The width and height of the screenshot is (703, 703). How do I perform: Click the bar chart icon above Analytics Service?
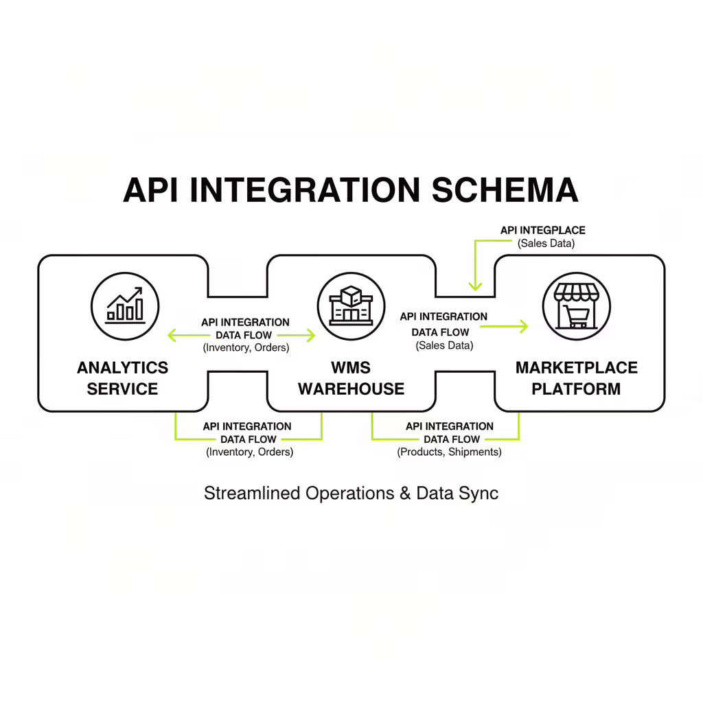(x=125, y=306)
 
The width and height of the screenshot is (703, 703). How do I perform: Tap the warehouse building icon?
(x=351, y=306)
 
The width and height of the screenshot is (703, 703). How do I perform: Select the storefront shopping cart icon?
(x=576, y=306)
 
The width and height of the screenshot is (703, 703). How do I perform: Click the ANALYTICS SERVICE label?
(x=122, y=378)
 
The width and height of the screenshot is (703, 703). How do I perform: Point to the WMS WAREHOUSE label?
(x=351, y=378)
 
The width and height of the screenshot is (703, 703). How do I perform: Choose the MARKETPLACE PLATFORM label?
(x=576, y=378)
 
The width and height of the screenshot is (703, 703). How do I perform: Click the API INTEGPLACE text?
(x=542, y=231)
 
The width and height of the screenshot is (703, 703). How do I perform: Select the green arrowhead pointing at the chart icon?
(x=172, y=336)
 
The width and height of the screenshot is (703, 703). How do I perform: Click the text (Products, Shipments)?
(x=449, y=452)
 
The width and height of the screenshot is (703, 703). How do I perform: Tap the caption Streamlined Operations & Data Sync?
(x=351, y=493)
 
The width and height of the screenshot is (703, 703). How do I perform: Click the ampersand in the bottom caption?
(x=404, y=493)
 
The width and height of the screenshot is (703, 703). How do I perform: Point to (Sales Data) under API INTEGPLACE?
(x=546, y=243)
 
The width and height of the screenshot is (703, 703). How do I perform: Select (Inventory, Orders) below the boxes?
(x=249, y=452)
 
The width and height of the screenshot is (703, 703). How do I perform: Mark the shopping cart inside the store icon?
(x=577, y=316)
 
